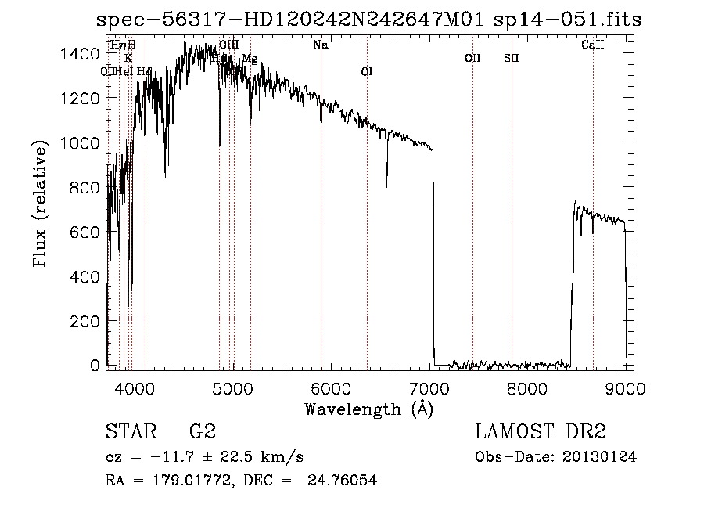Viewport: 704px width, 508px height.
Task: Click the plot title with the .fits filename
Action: pyautogui.click(x=368, y=20)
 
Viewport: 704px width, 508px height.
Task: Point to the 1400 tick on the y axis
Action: pyautogui.click(x=83, y=53)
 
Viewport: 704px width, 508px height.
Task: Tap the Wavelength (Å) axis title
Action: pyautogui.click(x=368, y=409)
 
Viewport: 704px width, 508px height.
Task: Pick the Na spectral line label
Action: pyautogui.click(x=320, y=45)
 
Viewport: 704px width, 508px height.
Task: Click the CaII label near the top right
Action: pyautogui.click(x=593, y=45)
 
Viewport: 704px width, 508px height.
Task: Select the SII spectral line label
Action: pyautogui.click(x=512, y=58)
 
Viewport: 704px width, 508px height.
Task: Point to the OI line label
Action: pyautogui.click(x=367, y=71)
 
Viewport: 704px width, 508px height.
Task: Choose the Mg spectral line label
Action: pyautogui.click(x=250, y=59)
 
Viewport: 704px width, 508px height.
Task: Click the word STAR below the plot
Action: pyautogui.click(x=130, y=431)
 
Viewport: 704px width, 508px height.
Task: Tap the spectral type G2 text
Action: pyautogui.click(x=202, y=431)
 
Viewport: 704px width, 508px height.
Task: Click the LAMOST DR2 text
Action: pyautogui.click(x=541, y=431)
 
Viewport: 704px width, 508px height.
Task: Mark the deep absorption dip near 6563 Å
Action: pyautogui.click(x=386, y=176)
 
